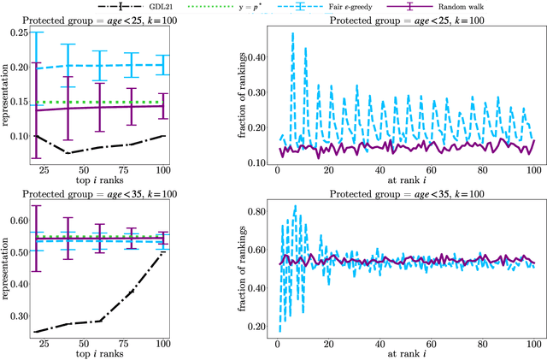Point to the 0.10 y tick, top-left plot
17,135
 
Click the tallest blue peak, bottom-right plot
295,206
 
